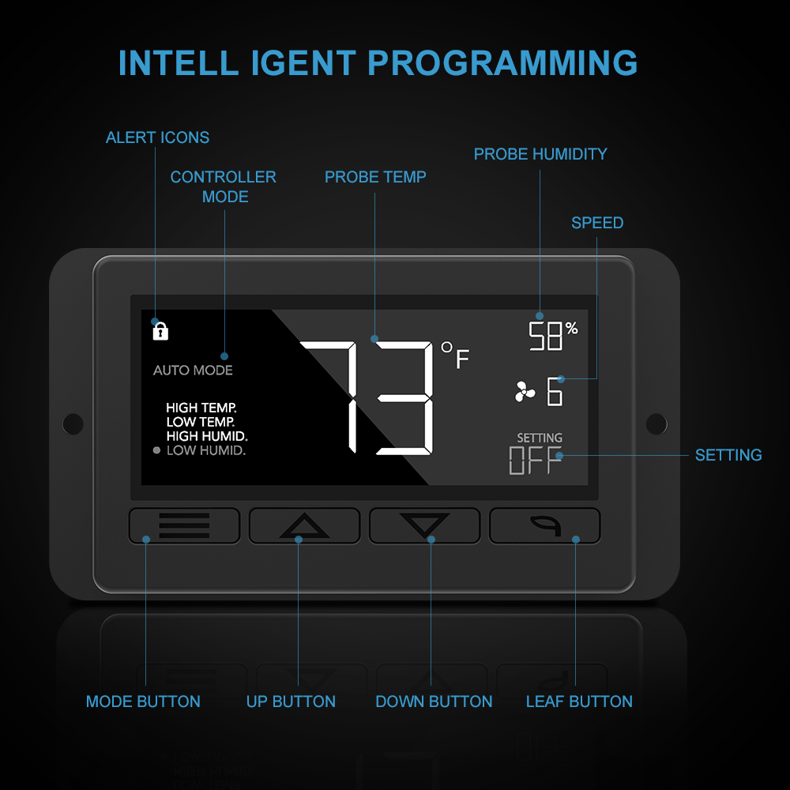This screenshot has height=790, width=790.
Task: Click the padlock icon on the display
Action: click(x=160, y=331)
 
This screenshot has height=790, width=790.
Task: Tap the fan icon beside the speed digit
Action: click(x=525, y=392)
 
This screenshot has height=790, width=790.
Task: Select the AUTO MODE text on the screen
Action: click(x=193, y=371)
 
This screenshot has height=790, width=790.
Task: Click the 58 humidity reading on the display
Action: click(x=545, y=336)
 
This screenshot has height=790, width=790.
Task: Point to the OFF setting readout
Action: click(x=535, y=460)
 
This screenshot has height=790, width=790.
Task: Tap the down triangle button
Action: click(x=424, y=525)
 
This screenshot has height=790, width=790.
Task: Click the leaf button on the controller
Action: click(x=544, y=525)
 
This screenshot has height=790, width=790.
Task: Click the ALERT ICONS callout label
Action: click(x=157, y=137)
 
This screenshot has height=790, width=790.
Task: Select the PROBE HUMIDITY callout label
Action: click(x=540, y=154)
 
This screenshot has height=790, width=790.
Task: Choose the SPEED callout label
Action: click(x=597, y=223)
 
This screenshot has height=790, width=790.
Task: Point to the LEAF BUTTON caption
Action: click(x=579, y=702)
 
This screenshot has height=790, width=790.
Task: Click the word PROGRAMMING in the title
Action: click(x=502, y=63)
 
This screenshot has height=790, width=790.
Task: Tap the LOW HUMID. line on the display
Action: click(x=206, y=450)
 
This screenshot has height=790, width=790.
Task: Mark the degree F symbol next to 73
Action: click(x=455, y=355)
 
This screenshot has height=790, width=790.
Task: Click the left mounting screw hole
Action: click(x=73, y=423)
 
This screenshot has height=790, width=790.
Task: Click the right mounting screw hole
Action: click(x=656, y=423)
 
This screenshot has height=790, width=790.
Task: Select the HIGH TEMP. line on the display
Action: click(x=201, y=408)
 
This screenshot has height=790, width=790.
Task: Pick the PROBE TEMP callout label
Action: click(x=375, y=177)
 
